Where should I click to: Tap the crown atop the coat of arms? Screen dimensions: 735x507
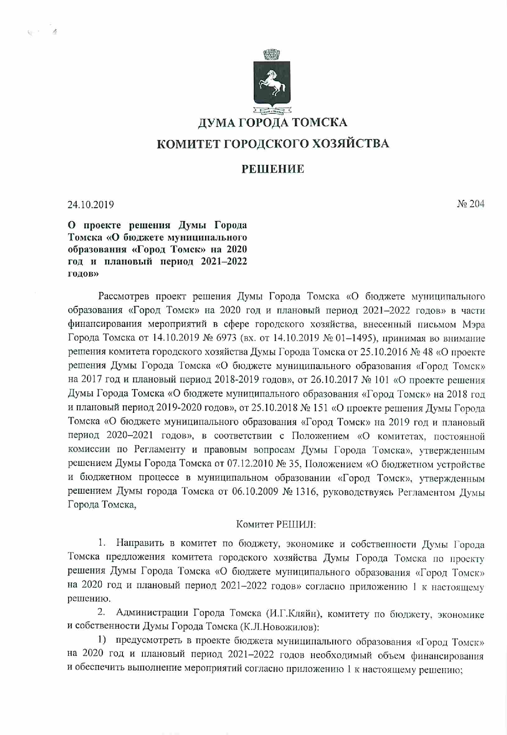(272, 54)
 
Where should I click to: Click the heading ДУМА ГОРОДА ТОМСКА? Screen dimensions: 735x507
(272, 122)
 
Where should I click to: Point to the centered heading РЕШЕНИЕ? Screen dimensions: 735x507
(273, 169)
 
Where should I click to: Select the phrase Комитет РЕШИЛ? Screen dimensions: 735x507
(276, 524)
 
